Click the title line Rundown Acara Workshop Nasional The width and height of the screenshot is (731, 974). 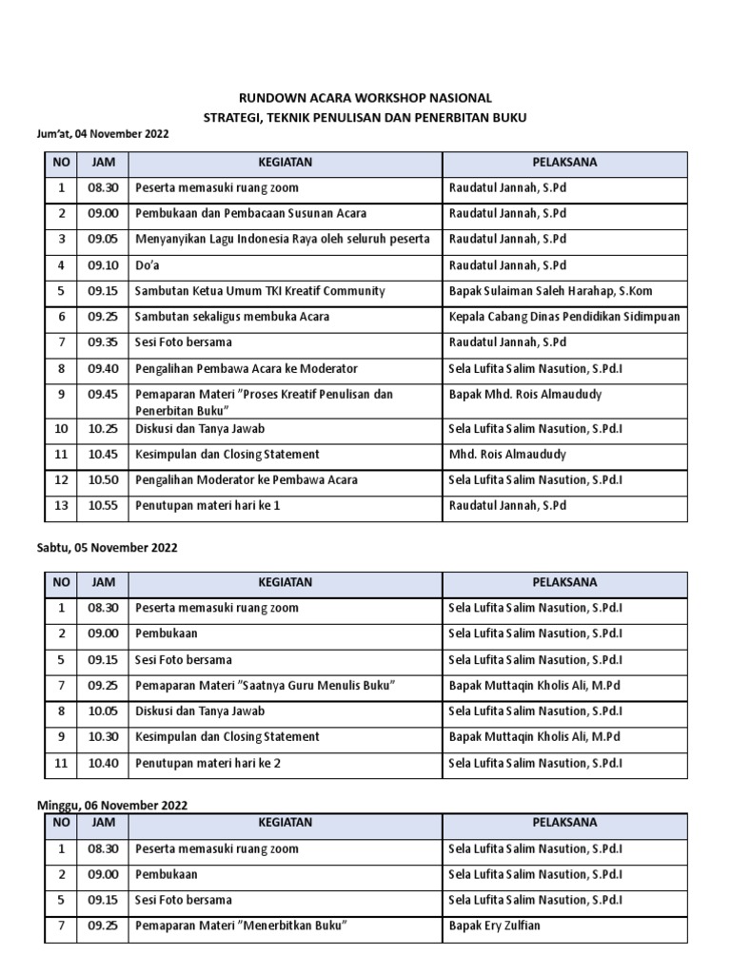(365, 98)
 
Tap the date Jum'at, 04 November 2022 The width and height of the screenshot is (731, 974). (103, 134)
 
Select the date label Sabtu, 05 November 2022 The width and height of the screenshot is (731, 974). (107, 548)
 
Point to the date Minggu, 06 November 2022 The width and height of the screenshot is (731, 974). (111, 805)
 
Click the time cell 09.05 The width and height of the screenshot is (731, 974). (103, 239)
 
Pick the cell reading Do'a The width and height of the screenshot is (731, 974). (148, 265)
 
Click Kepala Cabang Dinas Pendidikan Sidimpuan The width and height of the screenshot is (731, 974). (564, 317)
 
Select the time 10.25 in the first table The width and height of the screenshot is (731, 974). (103, 429)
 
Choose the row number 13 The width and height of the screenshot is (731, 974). (61, 506)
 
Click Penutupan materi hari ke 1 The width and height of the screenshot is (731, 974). (207, 506)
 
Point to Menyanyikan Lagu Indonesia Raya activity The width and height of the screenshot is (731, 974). (283, 239)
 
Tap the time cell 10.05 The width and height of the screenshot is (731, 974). (103, 711)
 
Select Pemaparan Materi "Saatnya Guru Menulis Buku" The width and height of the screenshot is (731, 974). (265, 685)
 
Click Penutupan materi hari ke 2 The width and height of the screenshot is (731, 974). (207, 762)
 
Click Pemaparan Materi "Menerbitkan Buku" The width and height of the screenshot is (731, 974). (239, 925)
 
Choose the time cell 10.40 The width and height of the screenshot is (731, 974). (103, 762)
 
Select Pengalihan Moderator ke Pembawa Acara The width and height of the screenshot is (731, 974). (247, 480)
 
